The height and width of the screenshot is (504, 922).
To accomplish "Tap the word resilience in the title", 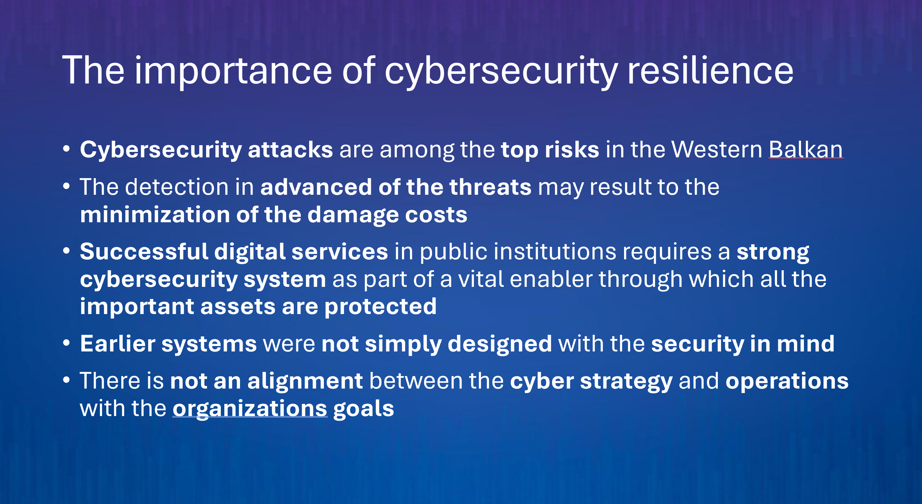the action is [x=710, y=70].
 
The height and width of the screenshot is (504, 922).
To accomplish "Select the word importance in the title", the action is [x=233, y=72].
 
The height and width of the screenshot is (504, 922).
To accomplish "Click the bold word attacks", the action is [x=290, y=150].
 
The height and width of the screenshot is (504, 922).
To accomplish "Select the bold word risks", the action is [x=572, y=150].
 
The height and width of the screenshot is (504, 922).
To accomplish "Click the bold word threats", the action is [x=490, y=187].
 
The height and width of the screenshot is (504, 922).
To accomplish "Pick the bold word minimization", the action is [x=155, y=215].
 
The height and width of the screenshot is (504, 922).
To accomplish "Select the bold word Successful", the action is [x=144, y=251].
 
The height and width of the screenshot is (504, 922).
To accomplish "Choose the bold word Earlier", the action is [x=117, y=344].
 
